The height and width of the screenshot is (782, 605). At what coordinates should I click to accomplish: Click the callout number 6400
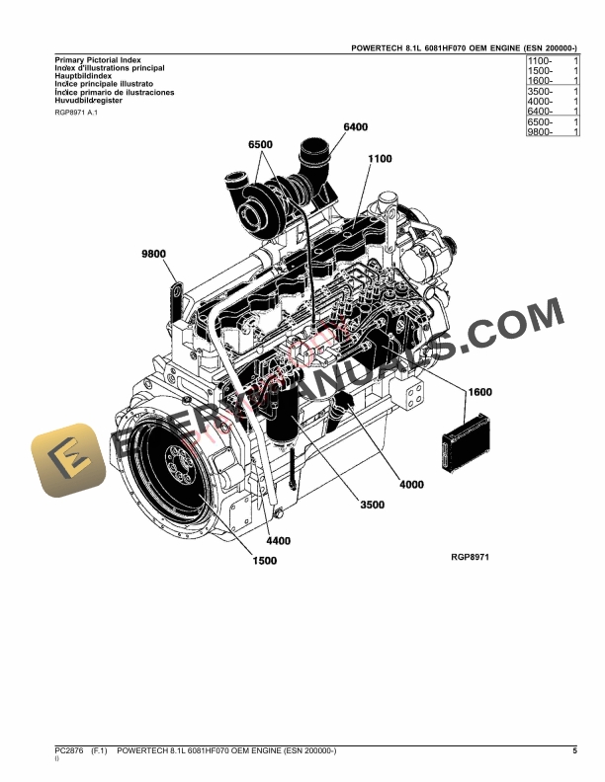pos(355,127)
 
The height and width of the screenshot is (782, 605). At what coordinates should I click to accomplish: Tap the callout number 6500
pos(260,144)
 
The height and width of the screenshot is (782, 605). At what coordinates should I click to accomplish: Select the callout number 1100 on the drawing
pos(380,158)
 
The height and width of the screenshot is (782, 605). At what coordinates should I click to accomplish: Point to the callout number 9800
pos(155,254)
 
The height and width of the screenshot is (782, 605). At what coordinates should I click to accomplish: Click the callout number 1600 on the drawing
pos(479,392)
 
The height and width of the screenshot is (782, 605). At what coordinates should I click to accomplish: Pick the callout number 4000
pos(411,484)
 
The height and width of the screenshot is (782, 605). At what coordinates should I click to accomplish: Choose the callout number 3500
pos(372,505)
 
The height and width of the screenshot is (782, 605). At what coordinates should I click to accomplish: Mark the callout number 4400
pos(280,541)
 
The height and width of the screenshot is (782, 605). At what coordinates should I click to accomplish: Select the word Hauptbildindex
pos(83,76)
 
